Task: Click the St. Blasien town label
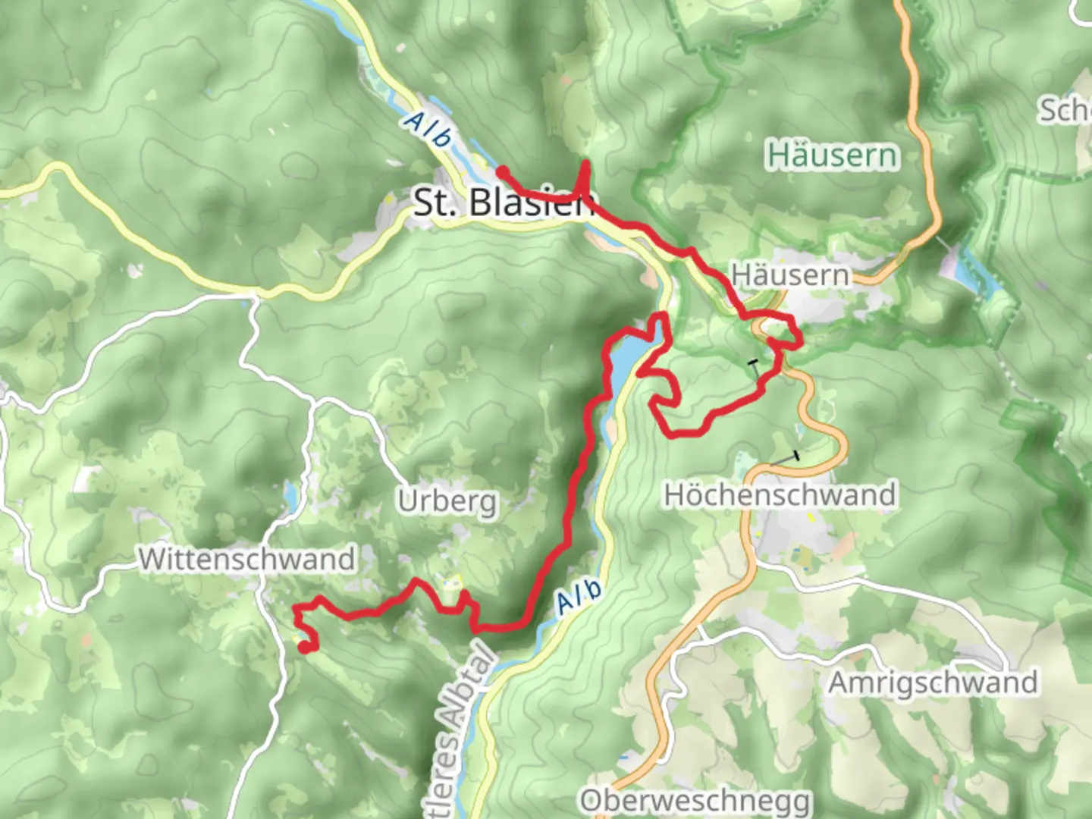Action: pyautogui.click(x=502, y=202)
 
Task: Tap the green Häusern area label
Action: pyautogui.click(x=832, y=155)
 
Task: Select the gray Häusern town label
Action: pyautogui.click(x=790, y=275)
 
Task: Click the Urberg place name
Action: pyautogui.click(x=447, y=501)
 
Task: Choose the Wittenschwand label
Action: pyautogui.click(x=247, y=559)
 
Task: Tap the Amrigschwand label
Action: pyautogui.click(x=932, y=682)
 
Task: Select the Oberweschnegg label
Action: pyautogui.click(x=695, y=800)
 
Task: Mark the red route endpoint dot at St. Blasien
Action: pyautogui.click(x=502, y=171)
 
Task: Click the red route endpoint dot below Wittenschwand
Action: pyautogui.click(x=304, y=647)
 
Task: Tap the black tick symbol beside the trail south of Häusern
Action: pyautogui.click(x=753, y=365)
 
